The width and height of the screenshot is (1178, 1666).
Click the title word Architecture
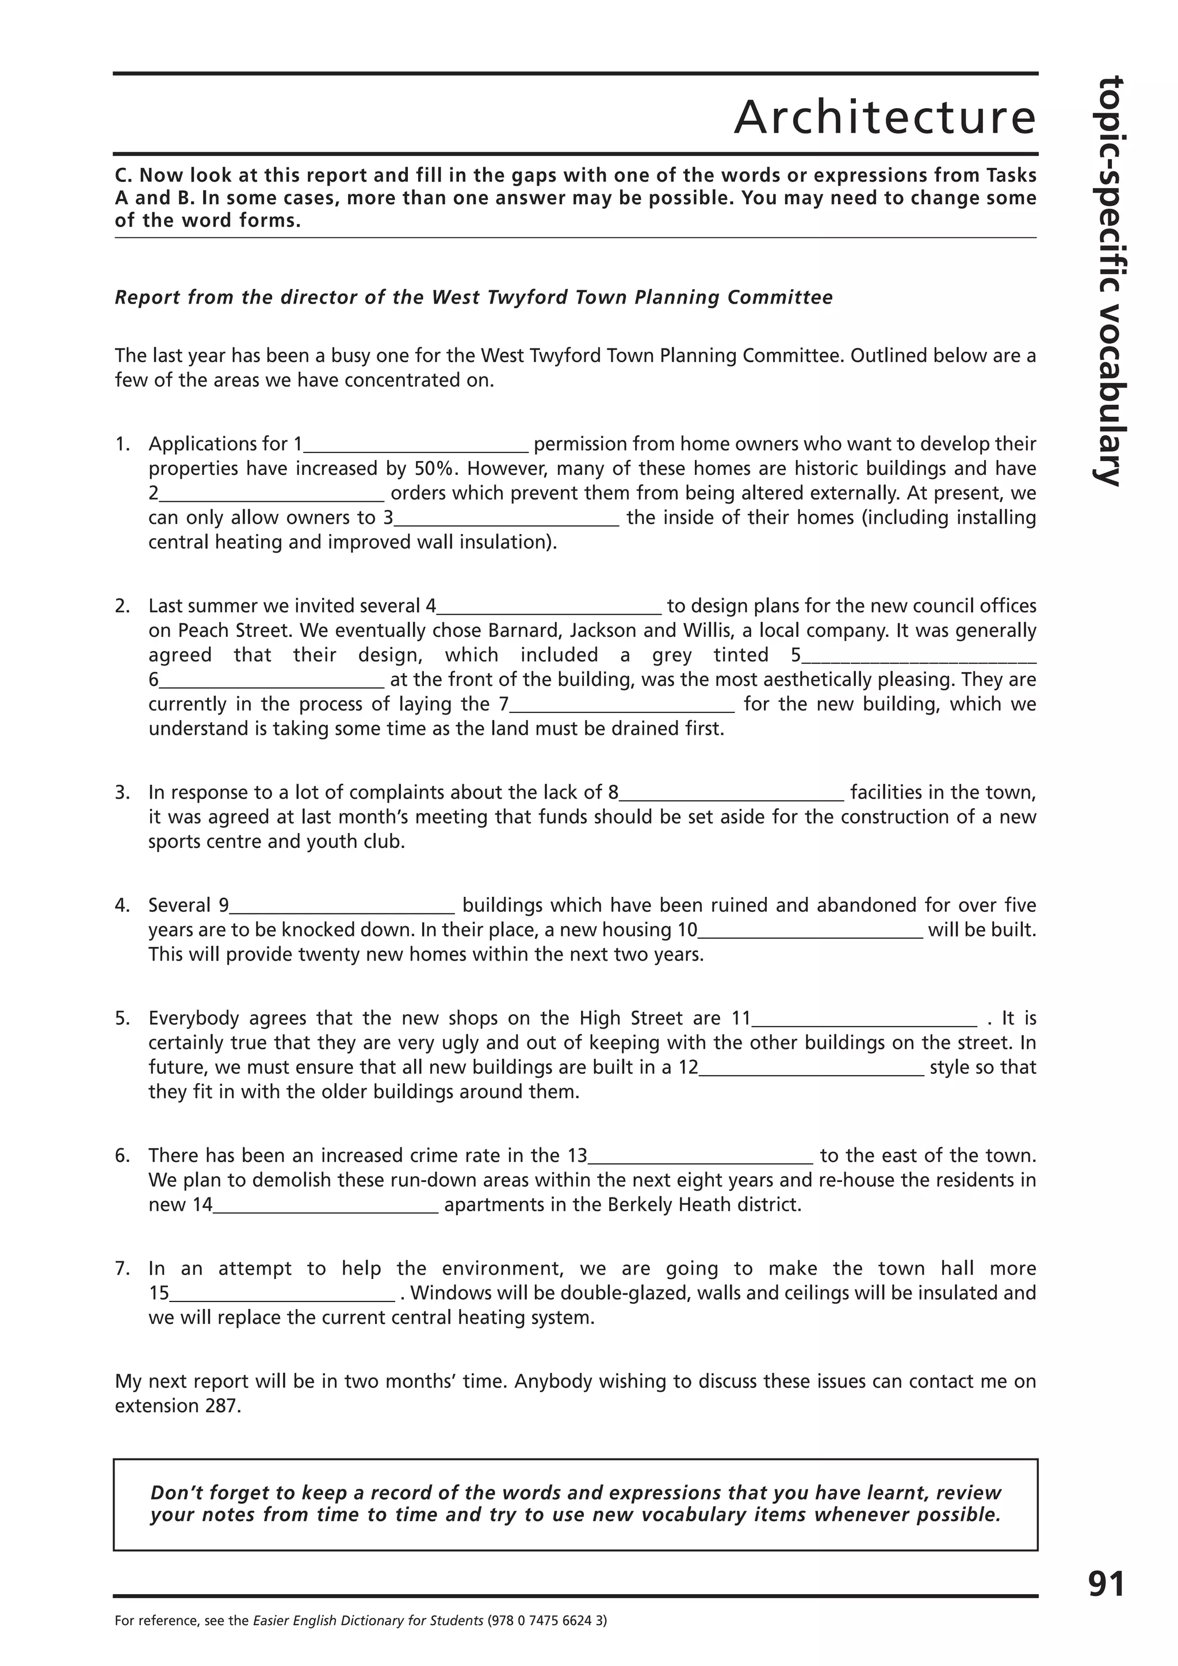coord(884,117)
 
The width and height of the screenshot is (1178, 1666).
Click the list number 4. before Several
coord(122,905)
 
